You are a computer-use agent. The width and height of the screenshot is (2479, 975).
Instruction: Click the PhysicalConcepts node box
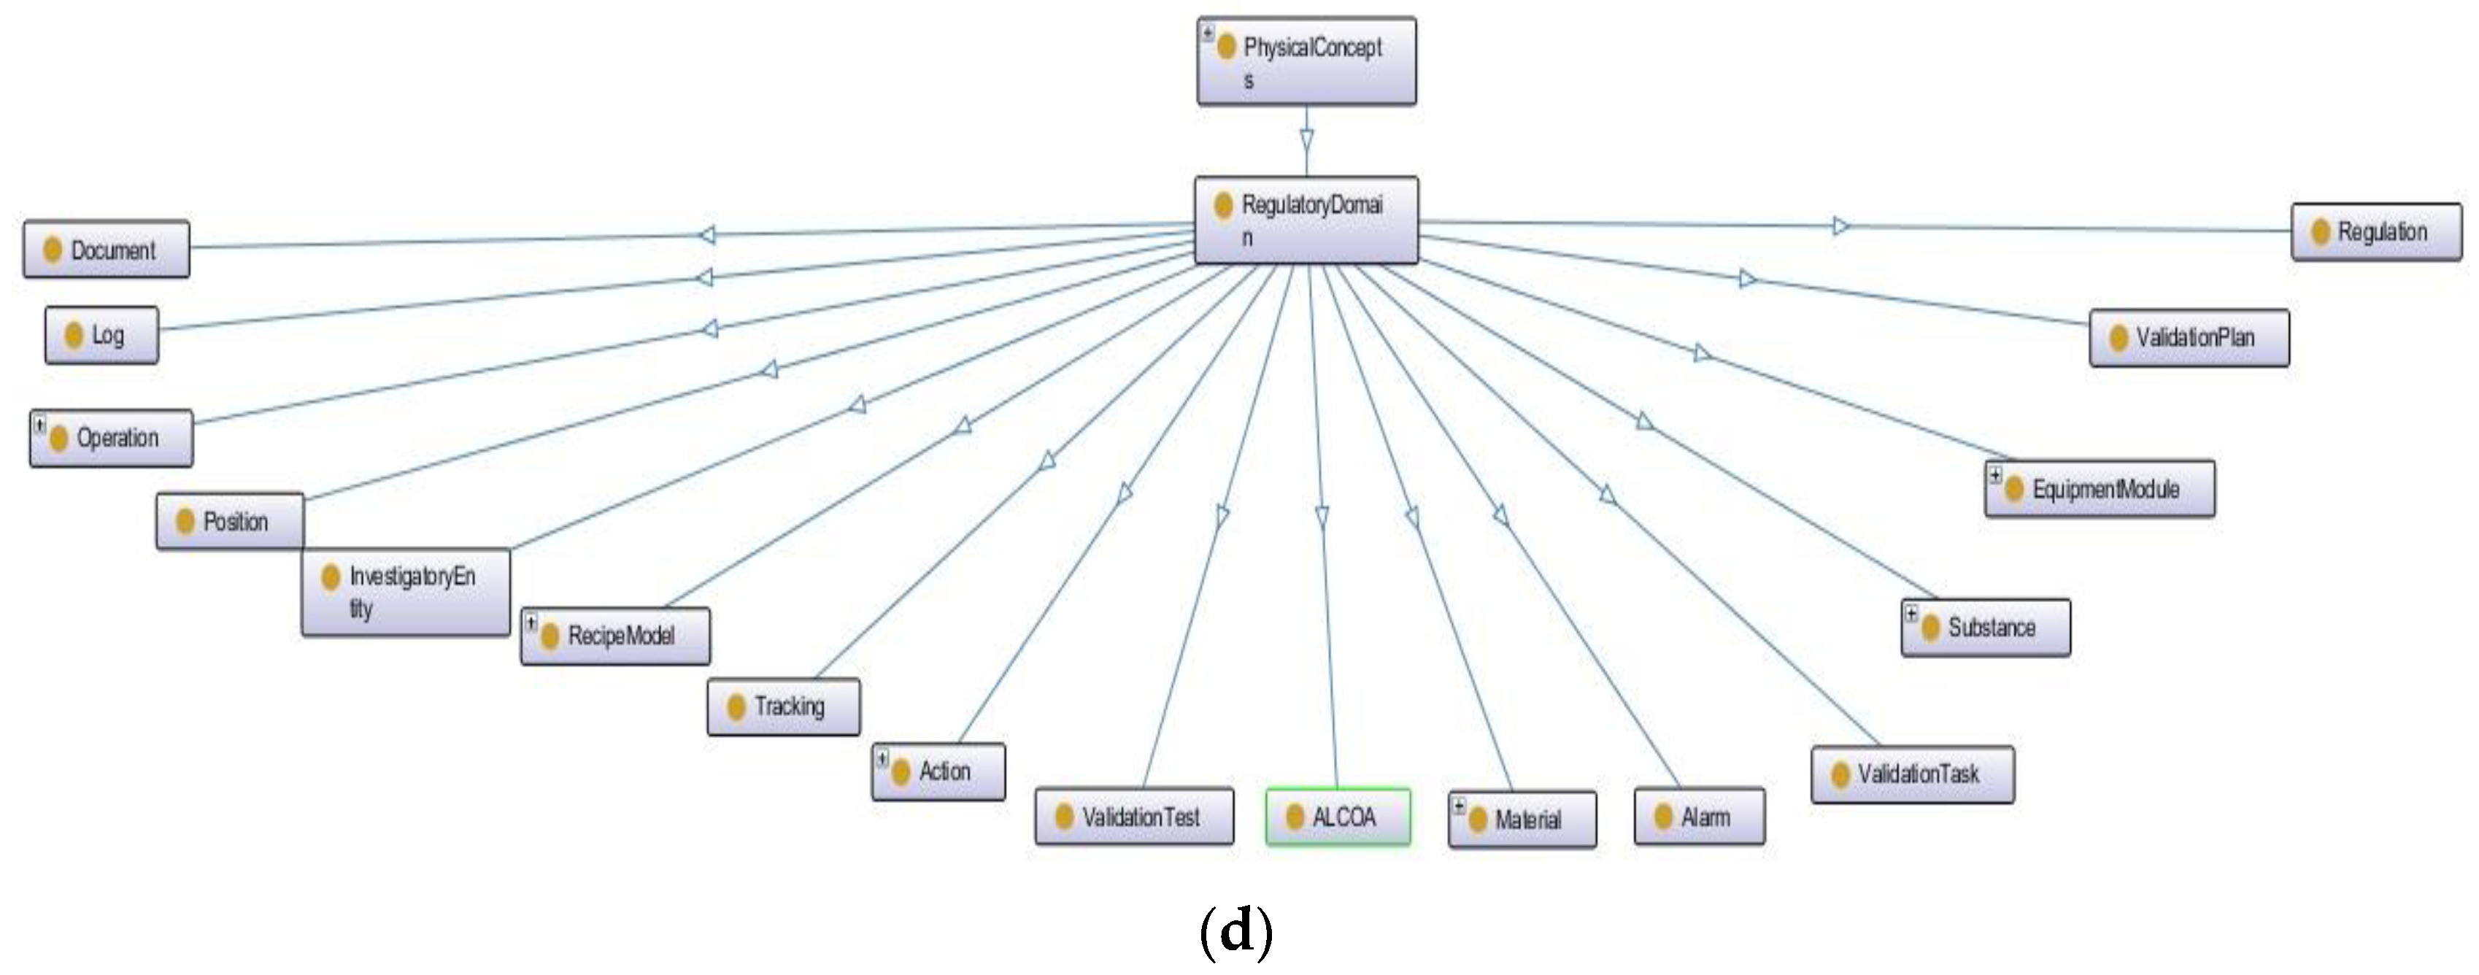click(1306, 61)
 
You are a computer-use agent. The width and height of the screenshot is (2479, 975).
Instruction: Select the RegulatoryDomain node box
click(1306, 220)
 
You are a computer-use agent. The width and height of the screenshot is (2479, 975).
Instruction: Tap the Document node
click(106, 250)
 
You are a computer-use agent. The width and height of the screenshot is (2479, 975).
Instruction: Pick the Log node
click(101, 335)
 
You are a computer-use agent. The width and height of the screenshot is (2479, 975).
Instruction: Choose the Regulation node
click(2375, 232)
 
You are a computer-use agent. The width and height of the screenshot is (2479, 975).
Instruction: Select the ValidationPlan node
click(2189, 338)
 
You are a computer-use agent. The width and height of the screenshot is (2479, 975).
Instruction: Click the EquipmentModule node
click(2099, 489)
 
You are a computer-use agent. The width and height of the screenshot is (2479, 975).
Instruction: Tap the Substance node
click(1986, 628)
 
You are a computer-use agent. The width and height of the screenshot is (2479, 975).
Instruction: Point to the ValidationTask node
click(1911, 774)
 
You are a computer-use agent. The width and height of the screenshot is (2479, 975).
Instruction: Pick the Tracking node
click(783, 706)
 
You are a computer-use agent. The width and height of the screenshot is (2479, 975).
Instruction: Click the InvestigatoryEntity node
click(405, 592)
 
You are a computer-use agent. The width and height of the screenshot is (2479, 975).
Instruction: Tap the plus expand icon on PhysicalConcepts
click(1208, 33)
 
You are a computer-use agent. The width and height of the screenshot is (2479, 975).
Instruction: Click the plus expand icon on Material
click(1459, 806)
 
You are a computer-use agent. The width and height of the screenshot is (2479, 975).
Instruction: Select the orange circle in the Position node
click(185, 522)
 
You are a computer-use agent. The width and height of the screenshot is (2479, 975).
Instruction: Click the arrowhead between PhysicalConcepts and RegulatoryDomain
click(1306, 141)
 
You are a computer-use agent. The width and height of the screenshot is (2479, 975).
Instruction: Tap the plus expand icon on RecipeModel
click(531, 623)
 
